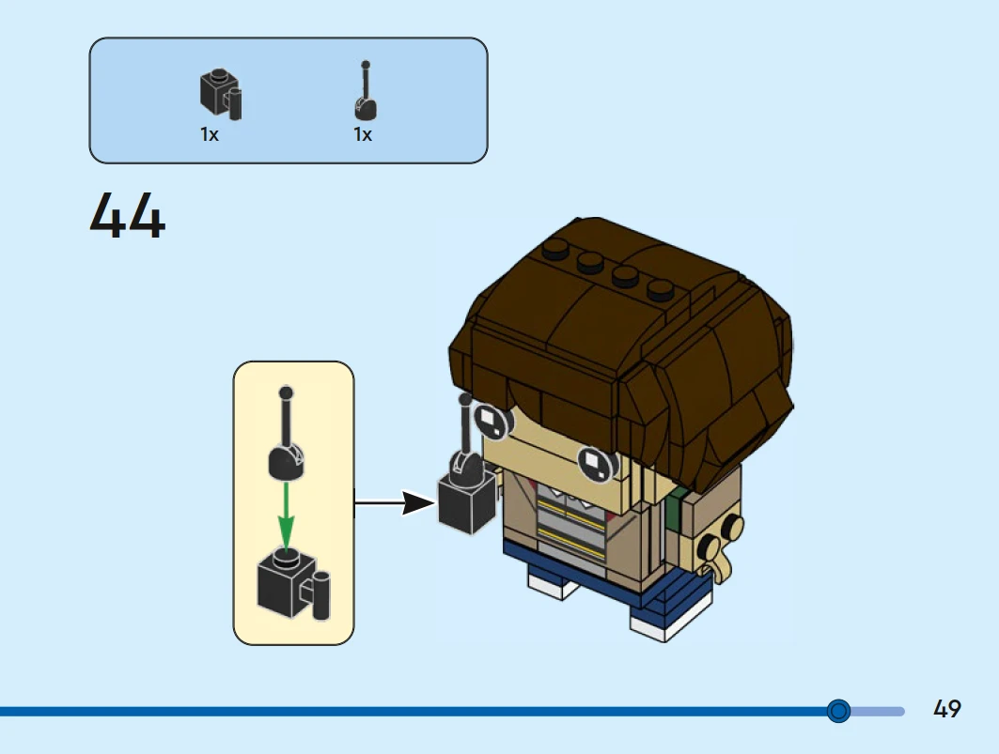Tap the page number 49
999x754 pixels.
click(946, 709)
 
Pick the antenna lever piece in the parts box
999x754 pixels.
click(365, 94)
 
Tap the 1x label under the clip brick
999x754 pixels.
click(209, 135)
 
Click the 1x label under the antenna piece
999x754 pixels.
click(363, 135)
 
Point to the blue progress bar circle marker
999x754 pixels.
click(839, 710)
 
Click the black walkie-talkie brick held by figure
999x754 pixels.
click(466, 500)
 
